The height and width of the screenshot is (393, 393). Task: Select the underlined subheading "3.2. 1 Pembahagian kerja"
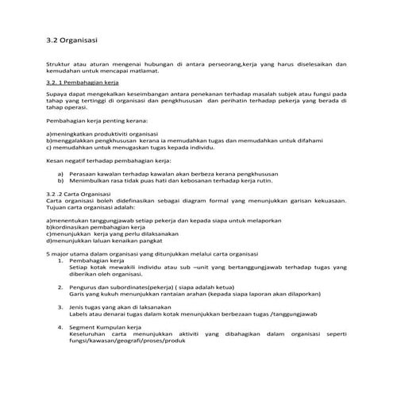click(83, 82)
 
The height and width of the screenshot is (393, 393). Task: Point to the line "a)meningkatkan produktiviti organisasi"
click(103, 136)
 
